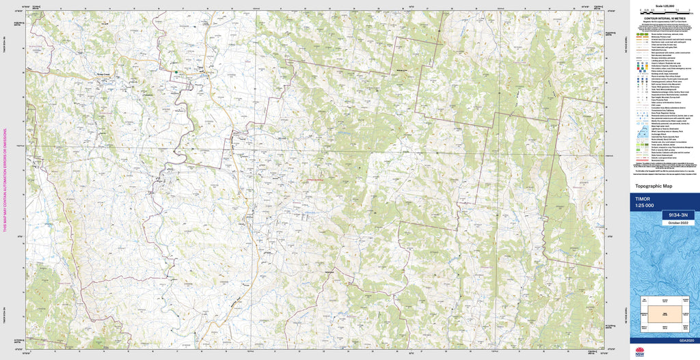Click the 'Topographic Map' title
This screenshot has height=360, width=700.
point(654,186)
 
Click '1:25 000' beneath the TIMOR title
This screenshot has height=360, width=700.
point(645,206)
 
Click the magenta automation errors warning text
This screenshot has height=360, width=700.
point(5,180)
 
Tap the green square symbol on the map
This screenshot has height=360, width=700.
point(176,72)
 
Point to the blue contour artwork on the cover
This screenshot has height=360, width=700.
point(664,260)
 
